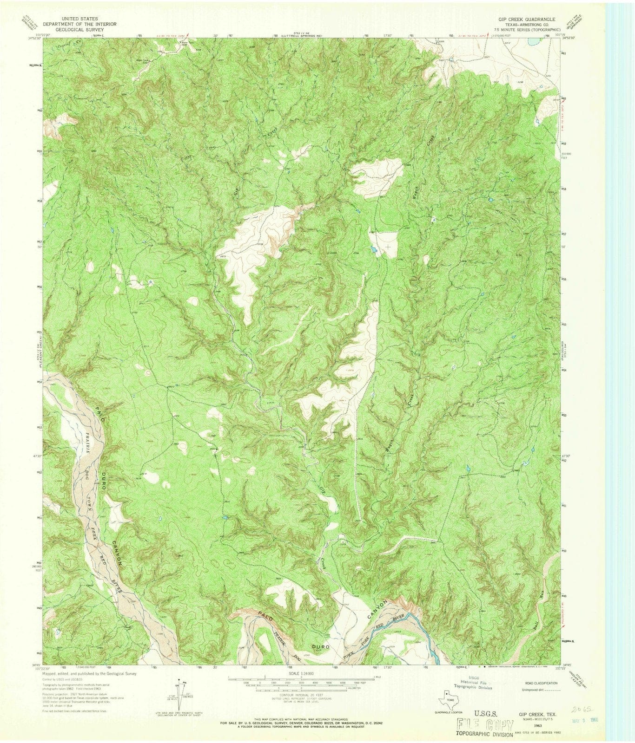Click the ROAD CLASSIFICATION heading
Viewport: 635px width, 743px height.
pos(542,683)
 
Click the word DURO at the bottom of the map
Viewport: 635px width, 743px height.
pos(322,646)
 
